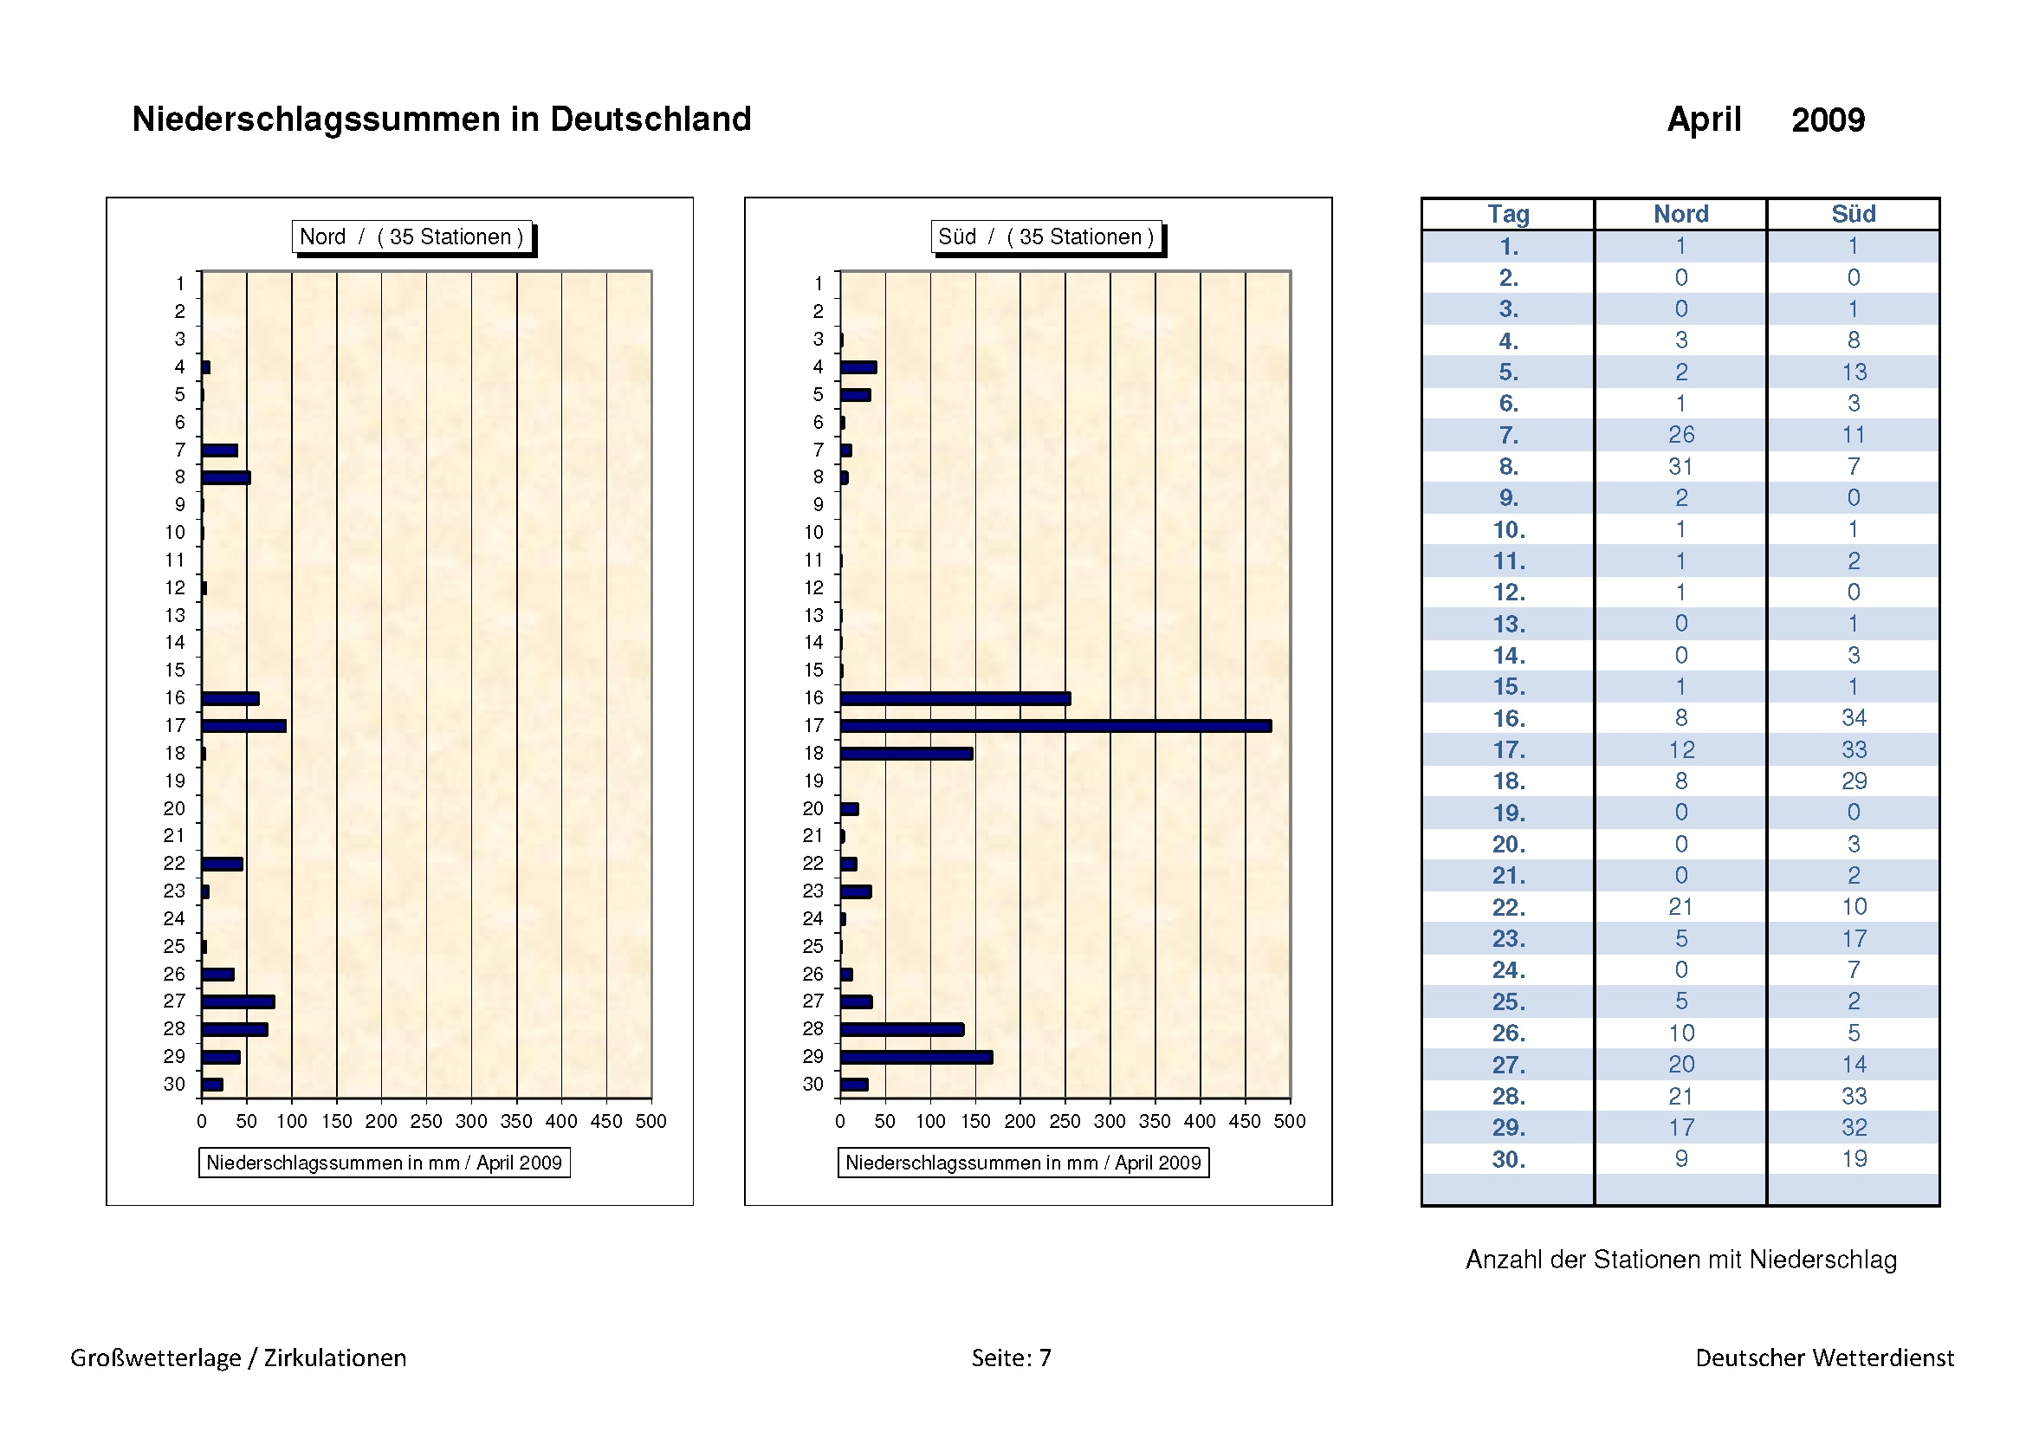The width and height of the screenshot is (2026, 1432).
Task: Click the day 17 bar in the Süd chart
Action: (x=1055, y=726)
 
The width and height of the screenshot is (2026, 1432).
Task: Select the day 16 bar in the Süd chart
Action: (x=955, y=699)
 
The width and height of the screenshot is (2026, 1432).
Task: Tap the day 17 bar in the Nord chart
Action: (x=243, y=726)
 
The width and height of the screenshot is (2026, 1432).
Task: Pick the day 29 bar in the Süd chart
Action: (x=916, y=1057)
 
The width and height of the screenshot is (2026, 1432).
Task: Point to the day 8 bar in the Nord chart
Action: (x=226, y=477)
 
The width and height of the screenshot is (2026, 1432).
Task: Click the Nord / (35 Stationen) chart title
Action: (x=411, y=237)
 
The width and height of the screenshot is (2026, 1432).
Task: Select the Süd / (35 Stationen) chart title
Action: (x=1045, y=237)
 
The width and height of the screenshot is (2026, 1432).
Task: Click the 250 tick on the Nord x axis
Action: (x=426, y=1121)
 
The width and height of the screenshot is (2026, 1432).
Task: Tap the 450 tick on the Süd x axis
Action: (x=1245, y=1121)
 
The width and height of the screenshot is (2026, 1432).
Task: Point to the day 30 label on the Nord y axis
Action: (x=175, y=1085)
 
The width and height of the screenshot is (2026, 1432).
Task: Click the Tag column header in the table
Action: (x=1508, y=214)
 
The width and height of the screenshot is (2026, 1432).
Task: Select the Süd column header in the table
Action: (x=1853, y=214)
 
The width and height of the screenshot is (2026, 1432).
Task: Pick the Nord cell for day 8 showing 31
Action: (x=1681, y=466)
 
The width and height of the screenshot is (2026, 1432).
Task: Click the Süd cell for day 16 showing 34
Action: (x=1853, y=718)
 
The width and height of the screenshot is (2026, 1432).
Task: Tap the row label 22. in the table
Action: (x=1508, y=907)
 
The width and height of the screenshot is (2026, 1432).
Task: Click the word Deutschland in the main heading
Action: (x=651, y=119)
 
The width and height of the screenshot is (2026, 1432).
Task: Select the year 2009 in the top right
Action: (x=1828, y=120)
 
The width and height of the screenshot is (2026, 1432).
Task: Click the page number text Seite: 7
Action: (x=1011, y=1357)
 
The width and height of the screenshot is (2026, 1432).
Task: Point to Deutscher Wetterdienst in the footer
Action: (x=1824, y=1357)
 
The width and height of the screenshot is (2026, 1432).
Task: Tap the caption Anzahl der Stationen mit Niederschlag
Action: (x=1681, y=1259)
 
